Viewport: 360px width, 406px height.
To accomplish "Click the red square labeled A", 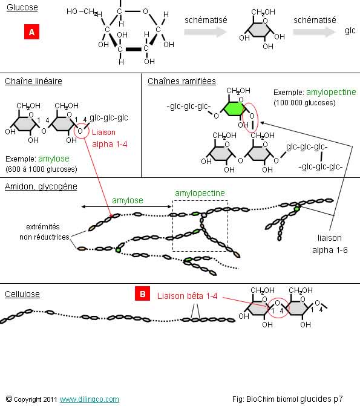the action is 31,32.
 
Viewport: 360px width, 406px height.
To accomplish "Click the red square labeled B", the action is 142,293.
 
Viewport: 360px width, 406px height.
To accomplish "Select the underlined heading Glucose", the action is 22,7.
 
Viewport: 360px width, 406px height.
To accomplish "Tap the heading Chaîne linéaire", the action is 33,81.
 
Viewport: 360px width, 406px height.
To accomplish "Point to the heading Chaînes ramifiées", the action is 182,81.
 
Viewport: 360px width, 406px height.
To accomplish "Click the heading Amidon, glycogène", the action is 41,186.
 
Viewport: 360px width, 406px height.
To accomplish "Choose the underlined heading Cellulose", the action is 22,294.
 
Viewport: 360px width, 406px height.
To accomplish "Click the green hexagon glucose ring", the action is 234,108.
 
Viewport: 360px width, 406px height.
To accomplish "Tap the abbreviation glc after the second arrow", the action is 350,30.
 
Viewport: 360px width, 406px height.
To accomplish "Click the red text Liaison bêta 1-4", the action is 187,296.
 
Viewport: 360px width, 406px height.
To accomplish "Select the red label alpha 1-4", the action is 110,144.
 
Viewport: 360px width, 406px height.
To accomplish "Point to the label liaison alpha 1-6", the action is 330,244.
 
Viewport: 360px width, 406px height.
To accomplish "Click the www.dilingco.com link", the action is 90,399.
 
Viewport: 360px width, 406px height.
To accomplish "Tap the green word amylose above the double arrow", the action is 128,200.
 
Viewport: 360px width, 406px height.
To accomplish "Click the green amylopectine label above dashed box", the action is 200,193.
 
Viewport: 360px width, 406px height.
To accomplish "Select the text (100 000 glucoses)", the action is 304,103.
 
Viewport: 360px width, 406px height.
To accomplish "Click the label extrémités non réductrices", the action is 44,232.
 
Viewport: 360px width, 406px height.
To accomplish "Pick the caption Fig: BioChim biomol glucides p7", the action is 287,399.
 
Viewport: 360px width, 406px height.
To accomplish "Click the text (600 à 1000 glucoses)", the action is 41,169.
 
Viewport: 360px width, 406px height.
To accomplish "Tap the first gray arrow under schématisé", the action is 205,32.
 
